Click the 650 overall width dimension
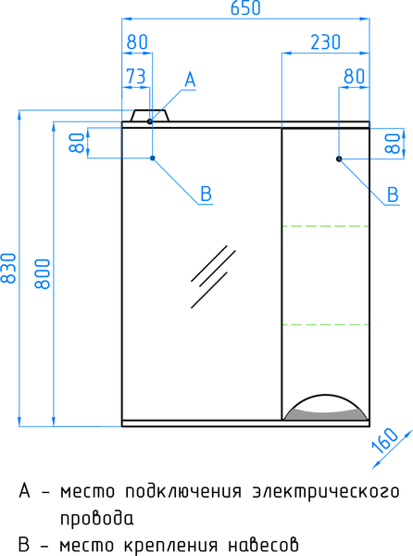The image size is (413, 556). (245, 8)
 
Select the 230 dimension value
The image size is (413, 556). (325, 43)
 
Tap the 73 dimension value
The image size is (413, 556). (136, 76)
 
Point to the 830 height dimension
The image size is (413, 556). (8, 268)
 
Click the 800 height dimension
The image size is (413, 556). (43, 273)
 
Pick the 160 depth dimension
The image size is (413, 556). (385, 440)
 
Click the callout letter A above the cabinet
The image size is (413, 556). (190, 80)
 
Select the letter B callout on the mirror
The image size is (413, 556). (206, 194)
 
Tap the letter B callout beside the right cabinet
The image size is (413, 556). (393, 195)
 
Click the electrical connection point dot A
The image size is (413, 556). (150, 121)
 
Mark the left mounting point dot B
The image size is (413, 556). (153, 158)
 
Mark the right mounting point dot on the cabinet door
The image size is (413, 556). (339, 158)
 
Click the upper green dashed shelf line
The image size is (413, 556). (326, 226)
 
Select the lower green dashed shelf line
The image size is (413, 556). (326, 324)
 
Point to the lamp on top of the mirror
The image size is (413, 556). (150, 115)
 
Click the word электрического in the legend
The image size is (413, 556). (326, 492)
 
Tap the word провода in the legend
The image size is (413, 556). (96, 518)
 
